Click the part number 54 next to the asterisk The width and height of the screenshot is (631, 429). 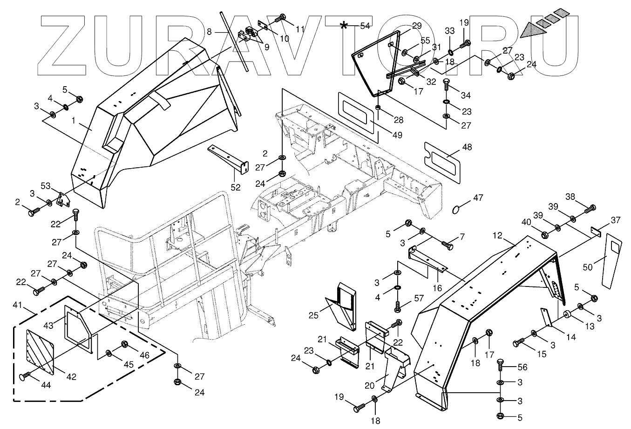pos(365,26)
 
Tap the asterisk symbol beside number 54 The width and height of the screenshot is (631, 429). pos(344,25)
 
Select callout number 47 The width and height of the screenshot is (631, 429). pos(478,198)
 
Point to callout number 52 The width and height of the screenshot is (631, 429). pos(236,187)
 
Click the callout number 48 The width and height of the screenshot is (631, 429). pos(467,147)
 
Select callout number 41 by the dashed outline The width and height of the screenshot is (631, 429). pos(18,305)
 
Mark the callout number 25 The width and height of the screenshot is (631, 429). pos(313,315)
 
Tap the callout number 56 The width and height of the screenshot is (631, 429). pos(522,367)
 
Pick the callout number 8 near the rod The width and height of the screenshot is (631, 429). pos(209,32)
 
